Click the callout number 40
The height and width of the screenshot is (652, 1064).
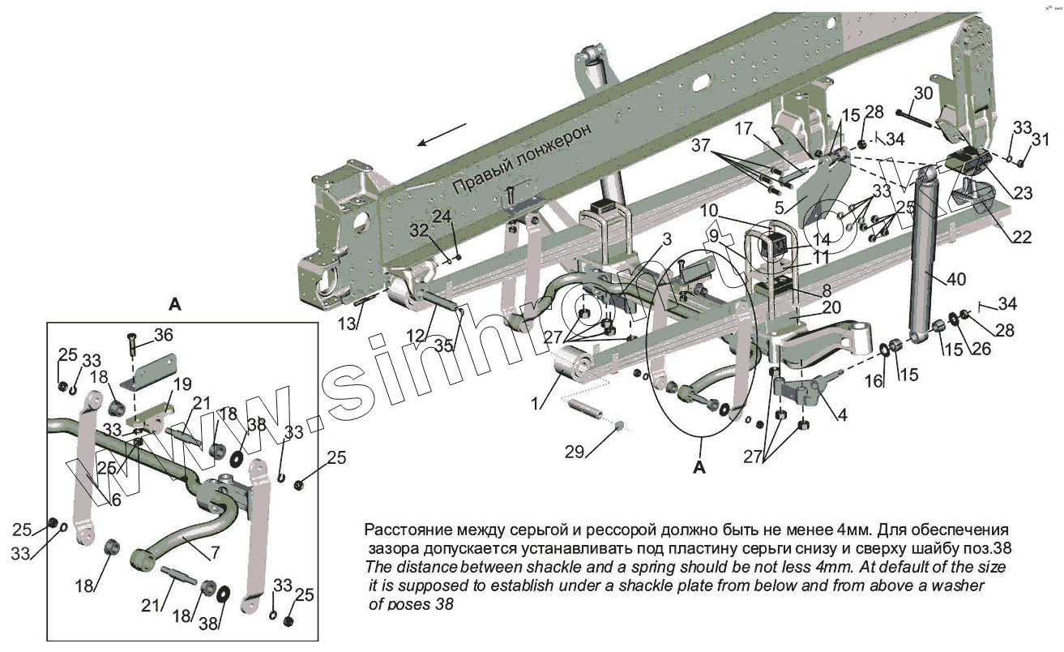click(957, 280)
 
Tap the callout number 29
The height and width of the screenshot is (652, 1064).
click(575, 452)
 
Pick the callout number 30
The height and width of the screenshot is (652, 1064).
click(924, 93)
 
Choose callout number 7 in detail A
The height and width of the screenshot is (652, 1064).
click(216, 553)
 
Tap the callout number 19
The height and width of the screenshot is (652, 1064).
click(183, 383)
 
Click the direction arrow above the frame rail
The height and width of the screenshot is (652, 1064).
click(442, 135)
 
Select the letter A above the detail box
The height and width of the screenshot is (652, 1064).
click(174, 304)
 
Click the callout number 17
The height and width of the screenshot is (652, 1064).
click(745, 128)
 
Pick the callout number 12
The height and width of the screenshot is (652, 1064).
click(415, 336)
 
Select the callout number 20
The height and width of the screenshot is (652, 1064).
click(831, 307)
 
